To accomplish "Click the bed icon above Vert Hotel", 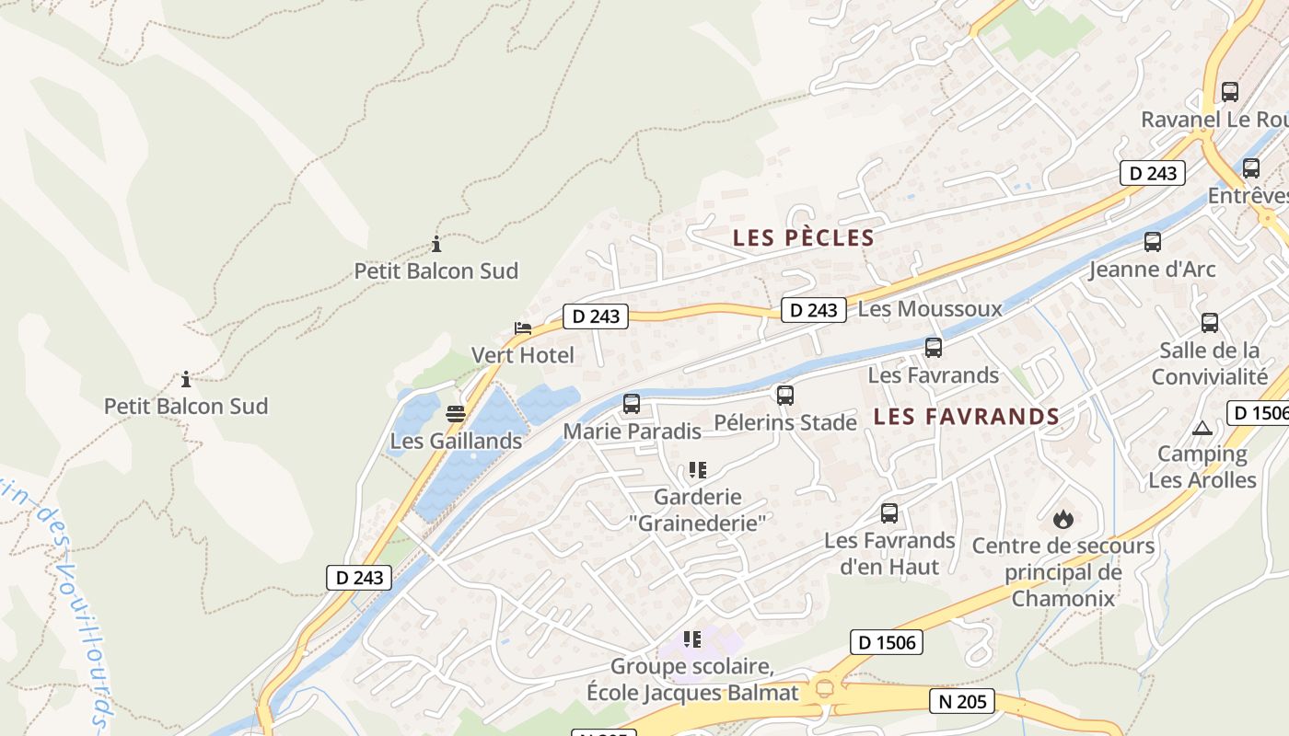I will tap(523, 328).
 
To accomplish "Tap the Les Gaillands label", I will tap(456, 441).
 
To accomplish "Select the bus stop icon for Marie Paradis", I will tap(632, 404).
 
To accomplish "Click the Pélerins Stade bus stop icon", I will tap(784, 396).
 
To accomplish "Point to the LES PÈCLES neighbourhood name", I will tap(803, 238).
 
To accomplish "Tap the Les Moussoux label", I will tap(929, 309).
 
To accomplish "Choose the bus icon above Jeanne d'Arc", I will tap(1152, 242).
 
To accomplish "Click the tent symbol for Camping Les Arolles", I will tap(1202, 428).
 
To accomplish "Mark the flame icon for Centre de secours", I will tap(1063, 519).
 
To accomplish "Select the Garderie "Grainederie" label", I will tap(697, 510).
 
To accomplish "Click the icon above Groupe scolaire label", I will tap(692, 638).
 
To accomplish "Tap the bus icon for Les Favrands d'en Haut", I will tap(888, 513).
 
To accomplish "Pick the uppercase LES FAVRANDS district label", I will tap(966, 417).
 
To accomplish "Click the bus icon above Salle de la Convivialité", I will tap(1209, 323).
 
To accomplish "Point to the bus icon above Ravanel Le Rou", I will tap(1229, 92).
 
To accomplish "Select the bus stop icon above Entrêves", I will tap(1250, 168).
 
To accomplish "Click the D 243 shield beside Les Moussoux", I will tap(814, 310).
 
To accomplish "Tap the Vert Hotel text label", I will tap(522, 355).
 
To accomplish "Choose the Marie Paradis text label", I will tap(632, 431).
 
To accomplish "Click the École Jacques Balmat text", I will tap(692, 692).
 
